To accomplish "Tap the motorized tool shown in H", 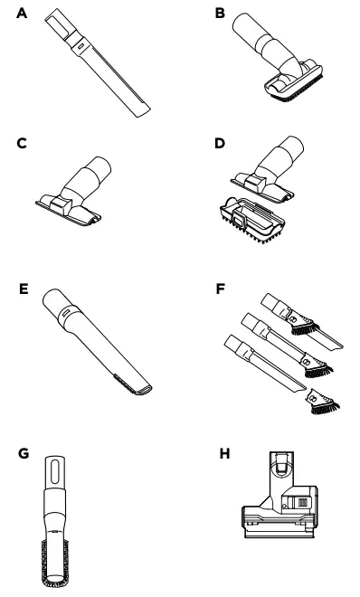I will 277,511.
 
